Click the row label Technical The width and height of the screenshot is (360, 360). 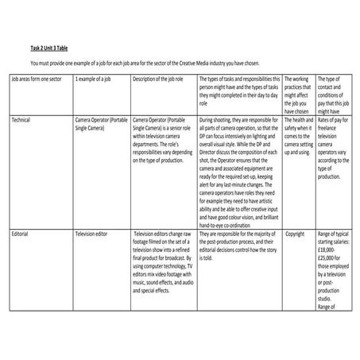[22, 118]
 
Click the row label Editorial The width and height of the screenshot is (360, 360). [21, 234]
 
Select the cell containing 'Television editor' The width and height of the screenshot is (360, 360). [95, 234]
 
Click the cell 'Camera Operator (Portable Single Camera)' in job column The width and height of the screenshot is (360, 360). [99, 122]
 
